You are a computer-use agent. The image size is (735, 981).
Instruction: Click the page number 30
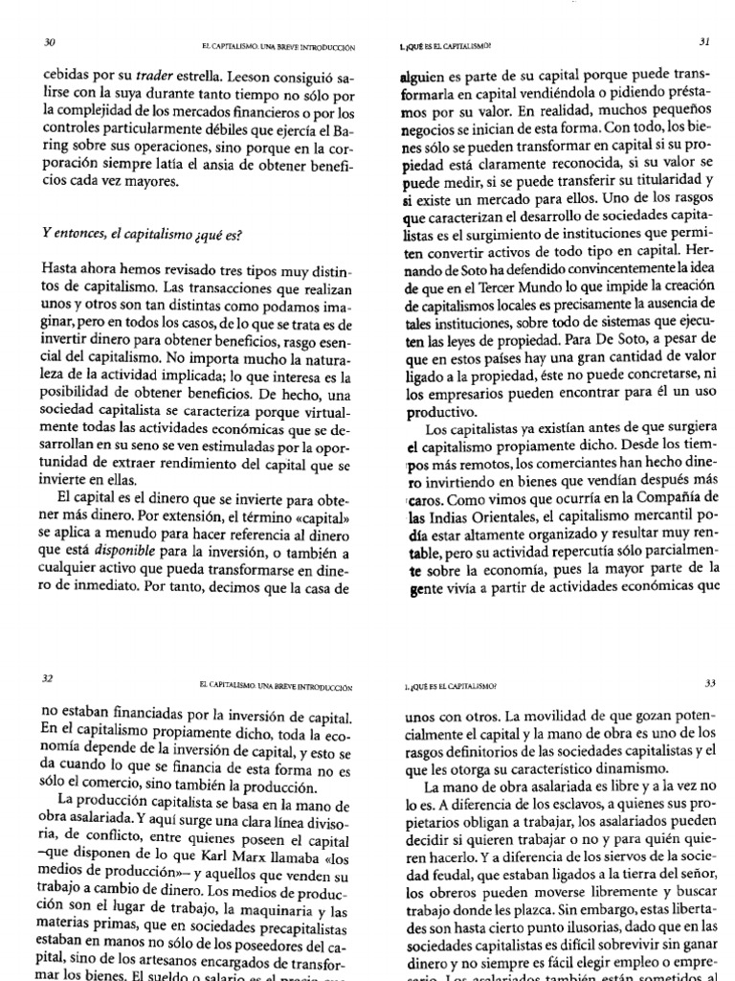51,43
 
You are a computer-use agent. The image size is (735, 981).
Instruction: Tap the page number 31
703,41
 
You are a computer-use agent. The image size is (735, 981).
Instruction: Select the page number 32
48,677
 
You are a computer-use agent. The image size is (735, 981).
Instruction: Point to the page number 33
709,683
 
